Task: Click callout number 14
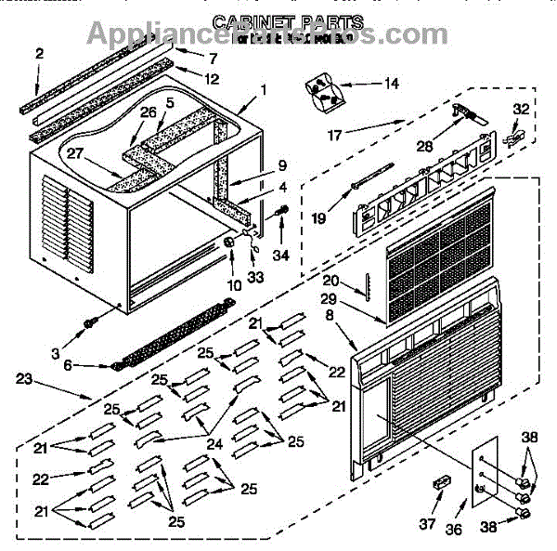(392, 84)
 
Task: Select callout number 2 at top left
(40, 53)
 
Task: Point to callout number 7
(214, 59)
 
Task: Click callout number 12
(213, 78)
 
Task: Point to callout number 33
(256, 276)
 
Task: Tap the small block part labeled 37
(441, 484)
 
